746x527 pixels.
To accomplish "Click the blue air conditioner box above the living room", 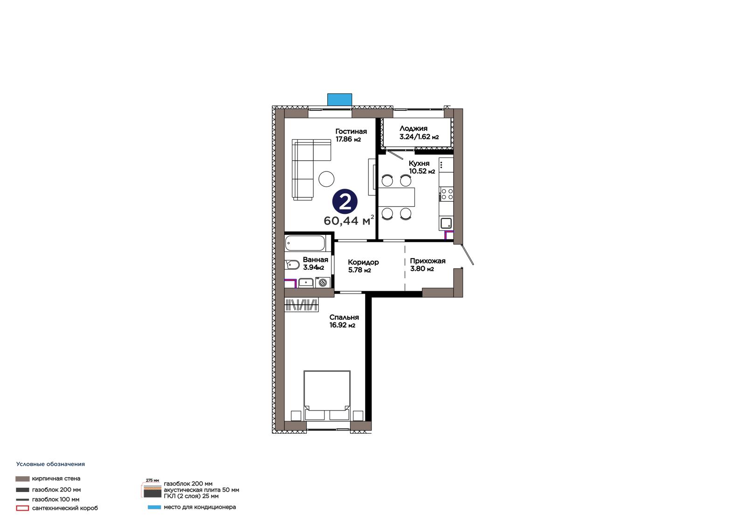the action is (x=339, y=100).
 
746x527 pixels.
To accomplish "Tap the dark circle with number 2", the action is (x=345, y=202).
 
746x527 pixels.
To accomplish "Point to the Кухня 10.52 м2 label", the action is (x=422, y=167).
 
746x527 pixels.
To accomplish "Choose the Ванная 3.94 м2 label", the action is (x=315, y=263).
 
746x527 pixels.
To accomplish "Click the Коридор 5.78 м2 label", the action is (x=363, y=266).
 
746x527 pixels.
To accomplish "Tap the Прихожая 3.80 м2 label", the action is (x=428, y=265).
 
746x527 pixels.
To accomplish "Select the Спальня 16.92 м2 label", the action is (x=344, y=321).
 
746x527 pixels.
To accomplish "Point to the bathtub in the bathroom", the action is (x=305, y=243).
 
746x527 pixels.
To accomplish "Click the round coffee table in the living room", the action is (x=326, y=179).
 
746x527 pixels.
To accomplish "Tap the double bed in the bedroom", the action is (x=327, y=396).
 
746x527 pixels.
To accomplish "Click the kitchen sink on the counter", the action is (x=446, y=223).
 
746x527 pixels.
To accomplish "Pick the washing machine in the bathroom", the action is (x=322, y=283).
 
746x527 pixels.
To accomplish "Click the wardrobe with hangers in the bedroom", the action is (x=301, y=305).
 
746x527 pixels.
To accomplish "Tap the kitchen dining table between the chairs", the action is (x=397, y=197).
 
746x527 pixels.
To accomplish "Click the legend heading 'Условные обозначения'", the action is (x=51, y=464).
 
